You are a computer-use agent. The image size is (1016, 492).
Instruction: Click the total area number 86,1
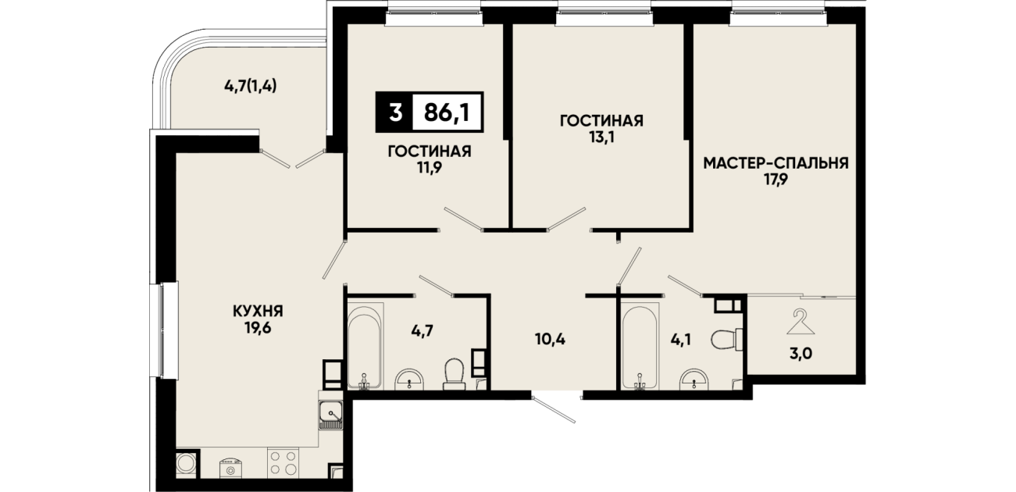[x=447, y=112]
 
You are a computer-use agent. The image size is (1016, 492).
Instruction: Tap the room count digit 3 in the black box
[x=395, y=112]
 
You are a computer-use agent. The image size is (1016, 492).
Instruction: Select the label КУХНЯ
[x=258, y=311]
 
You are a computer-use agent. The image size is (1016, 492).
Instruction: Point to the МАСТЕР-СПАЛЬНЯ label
[x=775, y=163]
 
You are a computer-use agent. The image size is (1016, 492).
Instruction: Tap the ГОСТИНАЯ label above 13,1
[x=601, y=121]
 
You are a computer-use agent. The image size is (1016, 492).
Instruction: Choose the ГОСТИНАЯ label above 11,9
[x=430, y=152]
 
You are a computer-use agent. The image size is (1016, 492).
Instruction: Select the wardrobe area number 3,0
[x=801, y=354]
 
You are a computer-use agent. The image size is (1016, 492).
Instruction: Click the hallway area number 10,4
[x=551, y=339]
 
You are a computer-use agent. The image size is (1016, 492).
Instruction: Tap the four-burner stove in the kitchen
[x=282, y=462]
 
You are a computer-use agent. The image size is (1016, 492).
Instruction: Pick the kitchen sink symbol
[x=330, y=415]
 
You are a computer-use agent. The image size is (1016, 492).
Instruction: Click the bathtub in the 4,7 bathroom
[x=365, y=346]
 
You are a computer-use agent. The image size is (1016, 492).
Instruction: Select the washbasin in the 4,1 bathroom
[x=694, y=380]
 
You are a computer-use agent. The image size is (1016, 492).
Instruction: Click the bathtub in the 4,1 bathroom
[x=640, y=346]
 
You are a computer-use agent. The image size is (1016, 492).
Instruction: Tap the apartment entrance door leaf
[x=554, y=410]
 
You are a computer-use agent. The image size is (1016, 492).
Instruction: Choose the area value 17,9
[x=776, y=180]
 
